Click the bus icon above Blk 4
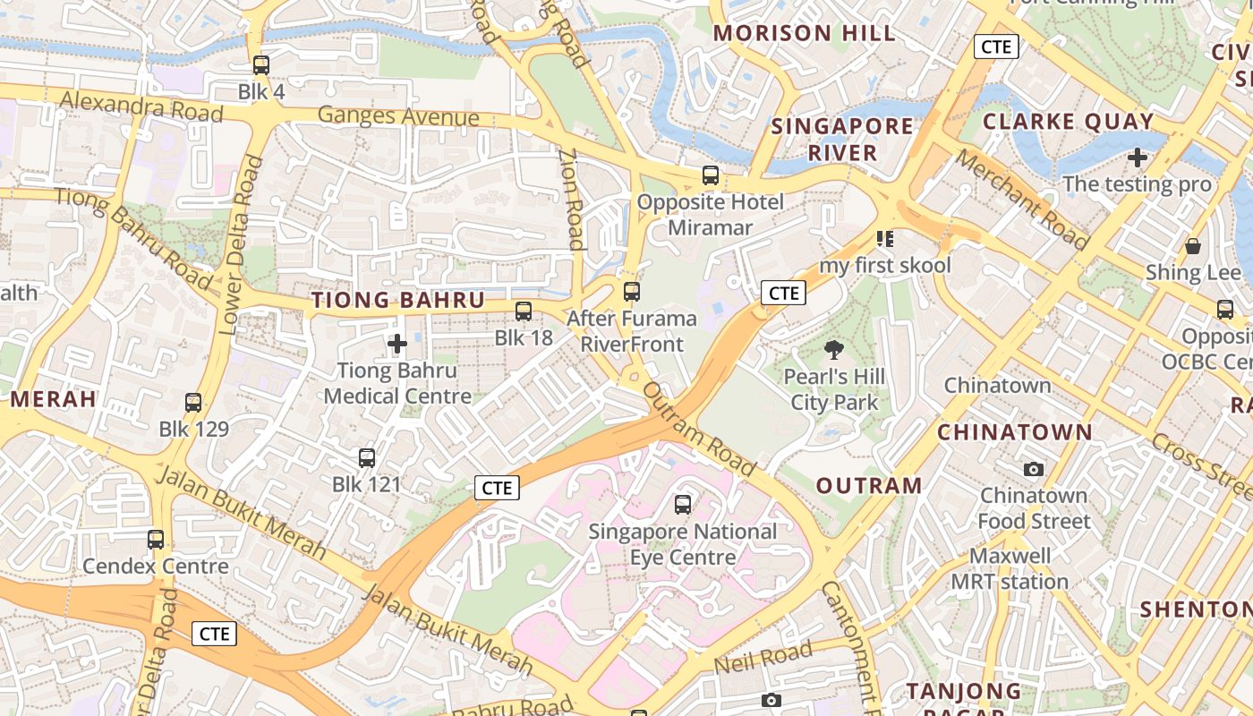[x=260, y=65]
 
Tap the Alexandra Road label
[x=141, y=107]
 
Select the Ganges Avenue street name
[x=398, y=116]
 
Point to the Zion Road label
[x=572, y=199]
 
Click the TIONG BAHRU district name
[x=397, y=301]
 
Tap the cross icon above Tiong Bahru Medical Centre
[x=397, y=343]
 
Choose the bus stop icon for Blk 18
[x=524, y=311]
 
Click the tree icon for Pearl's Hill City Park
[x=834, y=350]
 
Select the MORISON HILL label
[x=804, y=34]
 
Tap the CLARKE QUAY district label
[x=1068, y=122]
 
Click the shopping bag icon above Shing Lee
[x=1192, y=246]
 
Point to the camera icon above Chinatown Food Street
[x=1034, y=469]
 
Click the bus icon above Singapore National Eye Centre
[x=683, y=505]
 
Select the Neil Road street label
[x=763, y=659]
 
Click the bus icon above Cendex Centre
[x=156, y=540]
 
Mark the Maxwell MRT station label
[x=1010, y=569]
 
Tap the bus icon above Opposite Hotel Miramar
[x=711, y=175]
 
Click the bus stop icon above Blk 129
[x=193, y=403]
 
